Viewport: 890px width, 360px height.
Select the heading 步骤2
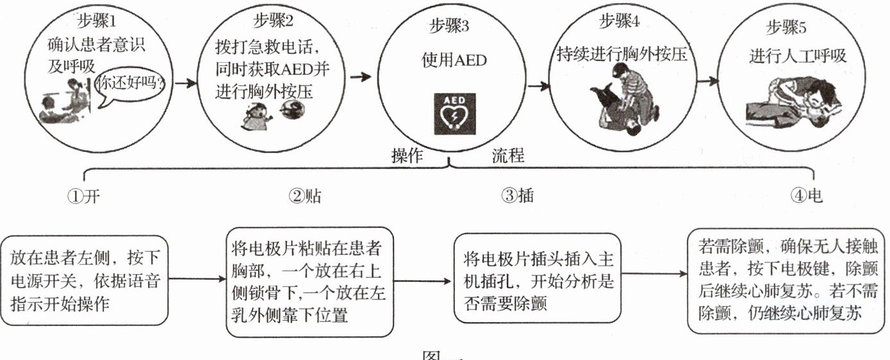point(274,21)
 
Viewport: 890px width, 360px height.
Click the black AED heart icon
point(454,114)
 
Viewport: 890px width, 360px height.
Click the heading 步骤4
point(619,21)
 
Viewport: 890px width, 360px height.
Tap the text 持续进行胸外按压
point(622,54)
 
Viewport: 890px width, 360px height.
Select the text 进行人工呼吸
point(798,56)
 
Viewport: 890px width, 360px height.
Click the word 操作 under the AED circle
point(408,156)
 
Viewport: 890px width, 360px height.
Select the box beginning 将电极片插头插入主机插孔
point(537,278)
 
